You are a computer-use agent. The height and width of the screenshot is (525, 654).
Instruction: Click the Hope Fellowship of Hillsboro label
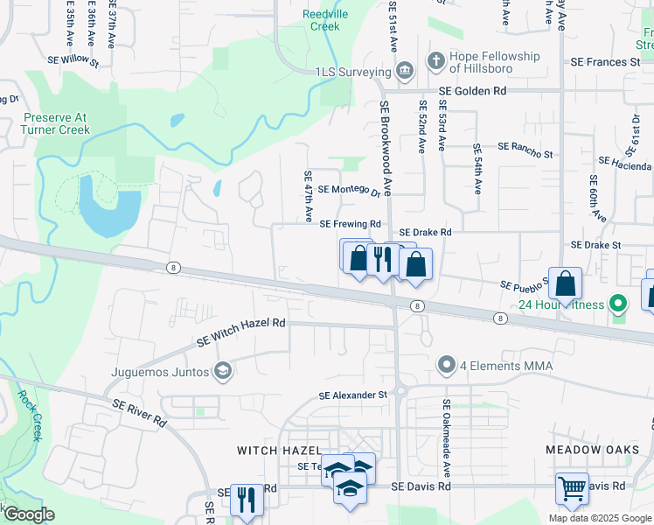pos(494,63)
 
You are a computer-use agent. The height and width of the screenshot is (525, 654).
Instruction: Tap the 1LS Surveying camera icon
pos(404,72)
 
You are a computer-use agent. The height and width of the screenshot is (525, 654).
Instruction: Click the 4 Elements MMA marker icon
pos(447,363)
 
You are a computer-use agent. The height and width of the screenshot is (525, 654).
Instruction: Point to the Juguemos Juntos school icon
pos(223,372)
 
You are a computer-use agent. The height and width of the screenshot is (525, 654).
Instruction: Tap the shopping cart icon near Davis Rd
pos(572,489)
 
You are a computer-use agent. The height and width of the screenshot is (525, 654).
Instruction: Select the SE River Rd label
pos(140,412)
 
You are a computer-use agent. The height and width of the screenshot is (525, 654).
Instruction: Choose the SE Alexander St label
pos(352,395)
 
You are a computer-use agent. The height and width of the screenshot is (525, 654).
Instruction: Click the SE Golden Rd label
pos(472,91)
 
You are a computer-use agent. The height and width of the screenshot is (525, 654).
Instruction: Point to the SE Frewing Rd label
pos(351,224)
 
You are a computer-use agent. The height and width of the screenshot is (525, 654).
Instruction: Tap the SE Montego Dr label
pos(349,190)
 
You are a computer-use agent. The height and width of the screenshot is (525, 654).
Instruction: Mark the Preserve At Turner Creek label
pos(57,123)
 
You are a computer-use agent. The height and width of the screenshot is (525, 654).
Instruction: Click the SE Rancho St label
pos(525,151)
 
